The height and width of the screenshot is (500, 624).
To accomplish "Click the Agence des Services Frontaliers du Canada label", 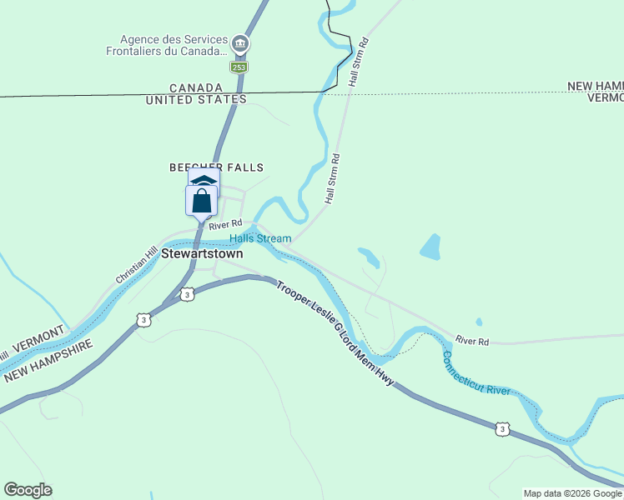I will [x=173, y=45].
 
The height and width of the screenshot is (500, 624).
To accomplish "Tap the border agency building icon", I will [x=239, y=43].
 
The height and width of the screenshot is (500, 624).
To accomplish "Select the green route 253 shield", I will [x=239, y=67].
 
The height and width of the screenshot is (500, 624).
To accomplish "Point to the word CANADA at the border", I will [x=196, y=87].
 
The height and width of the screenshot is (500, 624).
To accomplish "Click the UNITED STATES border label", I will [x=196, y=99].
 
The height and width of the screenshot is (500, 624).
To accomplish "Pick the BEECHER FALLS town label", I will [x=205, y=167].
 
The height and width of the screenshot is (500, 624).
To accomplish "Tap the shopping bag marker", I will [x=201, y=201].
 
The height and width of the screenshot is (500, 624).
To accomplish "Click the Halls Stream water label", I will [x=260, y=238].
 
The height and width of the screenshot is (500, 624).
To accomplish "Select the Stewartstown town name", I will [x=203, y=253].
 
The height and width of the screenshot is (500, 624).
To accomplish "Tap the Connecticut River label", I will [x=476, y=373].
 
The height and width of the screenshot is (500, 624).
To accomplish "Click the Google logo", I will [x=28, y=490].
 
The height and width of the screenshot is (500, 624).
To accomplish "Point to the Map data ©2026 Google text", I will [x=571, y=493].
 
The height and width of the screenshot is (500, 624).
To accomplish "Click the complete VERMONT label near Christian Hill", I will [x=38, y=337].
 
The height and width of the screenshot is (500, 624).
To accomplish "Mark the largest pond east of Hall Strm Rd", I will [x=430, y=247].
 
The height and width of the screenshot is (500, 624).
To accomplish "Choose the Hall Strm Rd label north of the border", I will [x=357, y=62].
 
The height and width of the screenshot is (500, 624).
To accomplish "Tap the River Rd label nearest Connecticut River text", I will [x=472, y=341].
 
